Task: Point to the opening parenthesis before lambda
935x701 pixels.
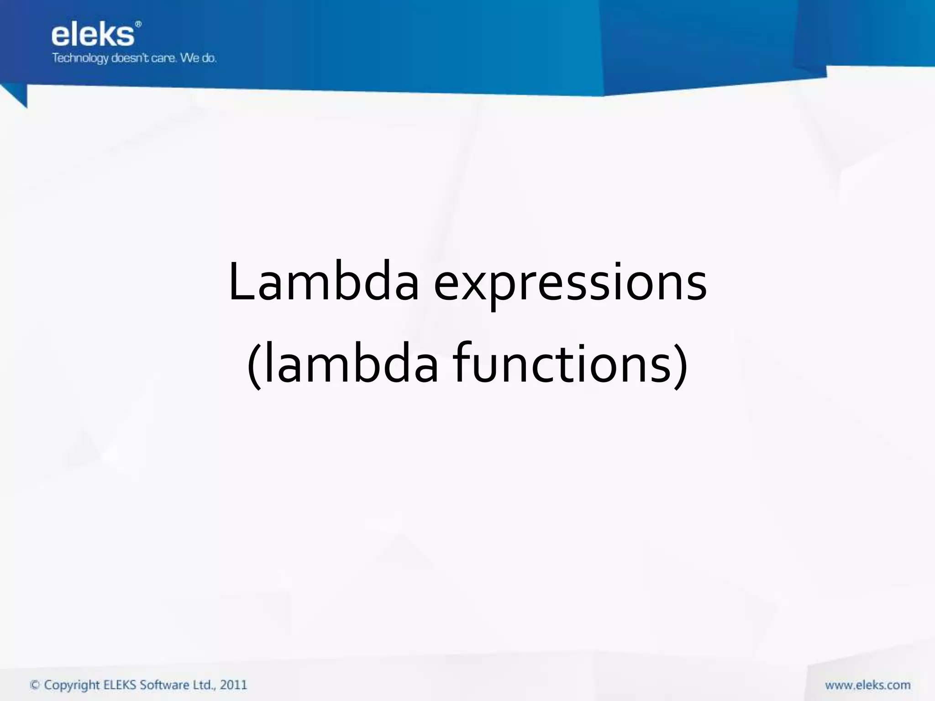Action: [x=254, y=366]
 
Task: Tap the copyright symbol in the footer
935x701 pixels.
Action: [x=35, y=685]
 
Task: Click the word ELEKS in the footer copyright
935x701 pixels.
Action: [x=120, y=685]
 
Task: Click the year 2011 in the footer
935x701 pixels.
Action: [x=233, y=685]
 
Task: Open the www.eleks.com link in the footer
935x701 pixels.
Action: [x=867, y=685]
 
